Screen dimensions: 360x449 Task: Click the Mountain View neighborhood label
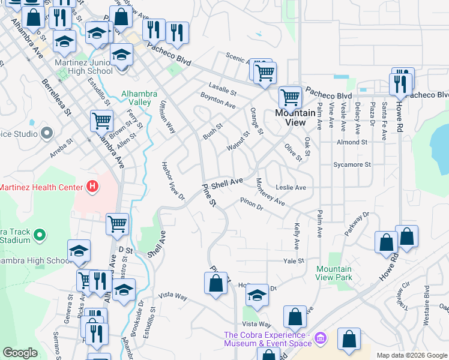(x=295, y=117)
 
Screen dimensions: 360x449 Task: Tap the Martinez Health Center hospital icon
(x=92, y=187)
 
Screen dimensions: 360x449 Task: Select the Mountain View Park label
(x=334, y=273)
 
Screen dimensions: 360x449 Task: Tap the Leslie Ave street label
(x=291, y=188)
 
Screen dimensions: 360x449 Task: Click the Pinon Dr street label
(x=252, y=204)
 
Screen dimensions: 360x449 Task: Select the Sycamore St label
(x=352, y=164)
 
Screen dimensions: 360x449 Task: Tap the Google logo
(x=20, y=353)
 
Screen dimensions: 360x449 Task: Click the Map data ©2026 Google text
(x=411, y=355)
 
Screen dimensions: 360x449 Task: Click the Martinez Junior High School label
(x=83, y=66)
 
